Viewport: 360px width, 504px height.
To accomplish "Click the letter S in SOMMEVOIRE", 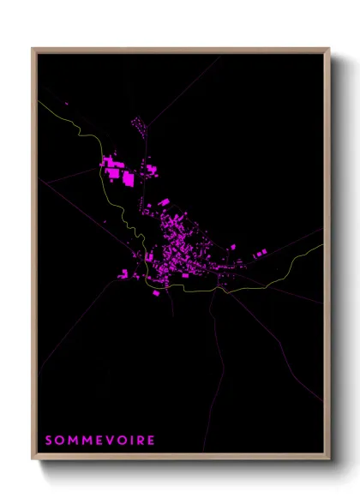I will click(48, 441).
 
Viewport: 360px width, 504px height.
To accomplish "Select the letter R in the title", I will click(140, 441).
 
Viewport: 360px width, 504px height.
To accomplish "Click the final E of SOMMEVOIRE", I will click(151, 441).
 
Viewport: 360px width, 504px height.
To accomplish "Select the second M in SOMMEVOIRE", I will click(85, 441).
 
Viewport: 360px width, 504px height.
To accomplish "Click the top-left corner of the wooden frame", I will click(33, 49).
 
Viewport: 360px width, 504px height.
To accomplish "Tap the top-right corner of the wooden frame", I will click(329, 49).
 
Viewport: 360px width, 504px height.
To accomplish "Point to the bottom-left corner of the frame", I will click(33, 460).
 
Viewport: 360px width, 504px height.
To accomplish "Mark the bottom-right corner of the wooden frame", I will click(329, 460).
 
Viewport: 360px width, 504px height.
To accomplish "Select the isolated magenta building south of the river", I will click(155, 292).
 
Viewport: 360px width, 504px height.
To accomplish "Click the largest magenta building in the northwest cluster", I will click(129, 178).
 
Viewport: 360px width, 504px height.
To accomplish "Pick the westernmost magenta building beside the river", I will click(123, 274).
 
